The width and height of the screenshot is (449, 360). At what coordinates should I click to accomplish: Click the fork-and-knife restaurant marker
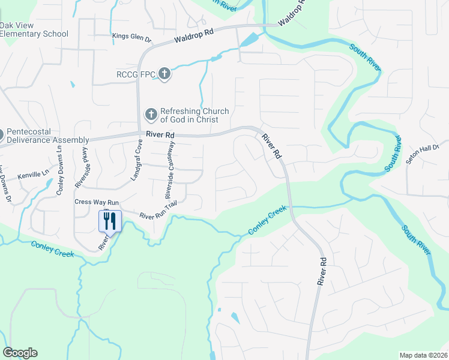110,221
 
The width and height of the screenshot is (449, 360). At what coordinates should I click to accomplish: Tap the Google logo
20,353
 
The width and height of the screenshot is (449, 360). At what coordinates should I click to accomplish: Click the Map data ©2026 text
423,355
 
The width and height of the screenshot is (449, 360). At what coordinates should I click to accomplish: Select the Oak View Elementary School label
34,30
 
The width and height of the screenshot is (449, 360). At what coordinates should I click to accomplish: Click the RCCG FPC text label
136,74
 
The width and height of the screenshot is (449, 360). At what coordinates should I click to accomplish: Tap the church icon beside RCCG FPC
164,74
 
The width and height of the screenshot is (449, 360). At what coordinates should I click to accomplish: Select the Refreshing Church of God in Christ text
194,116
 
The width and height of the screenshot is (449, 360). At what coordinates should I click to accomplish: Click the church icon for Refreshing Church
151,113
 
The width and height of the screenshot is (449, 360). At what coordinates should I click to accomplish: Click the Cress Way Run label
97,202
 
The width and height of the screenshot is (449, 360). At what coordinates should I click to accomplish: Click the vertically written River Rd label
324,271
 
